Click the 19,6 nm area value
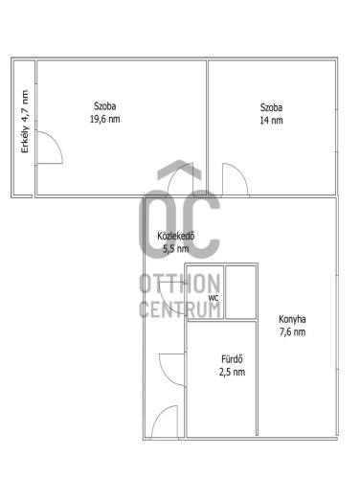105,119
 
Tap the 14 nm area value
271,121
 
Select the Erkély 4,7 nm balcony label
25,122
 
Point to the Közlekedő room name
176,236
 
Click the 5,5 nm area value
176,248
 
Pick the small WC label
214,298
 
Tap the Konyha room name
292,319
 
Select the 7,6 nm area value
292,331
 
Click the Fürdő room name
232,359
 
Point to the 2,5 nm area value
232,372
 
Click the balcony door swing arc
56,140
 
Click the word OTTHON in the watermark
180,284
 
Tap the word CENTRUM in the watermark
180,309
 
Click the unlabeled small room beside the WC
241,292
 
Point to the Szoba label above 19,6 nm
105,106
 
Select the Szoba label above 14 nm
271,107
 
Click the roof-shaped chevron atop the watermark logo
180,169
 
